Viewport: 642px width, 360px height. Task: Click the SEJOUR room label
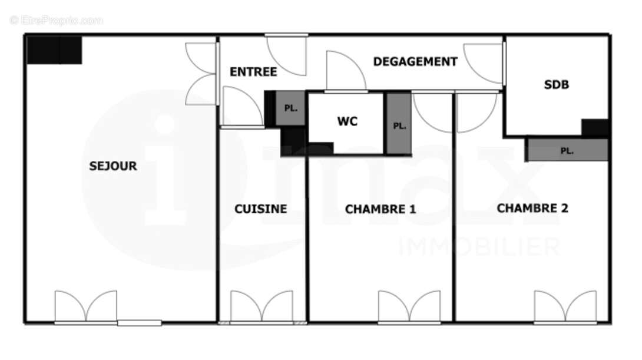pyautogui.click(x=113, y=166)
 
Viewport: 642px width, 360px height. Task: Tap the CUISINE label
pyautogui.click(x=261, y=209)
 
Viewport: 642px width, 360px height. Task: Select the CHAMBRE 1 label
pyautogui.click(x=380, y=209)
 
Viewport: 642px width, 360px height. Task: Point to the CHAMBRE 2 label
pyautogui.click(x=532, y=208)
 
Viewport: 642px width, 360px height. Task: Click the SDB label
pyautogui.click(x=556, y=85)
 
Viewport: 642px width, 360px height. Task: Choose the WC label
pyautogui.click(x=347, y=122)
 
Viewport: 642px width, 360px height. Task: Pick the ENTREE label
pyautogui.click(x=253, y=72)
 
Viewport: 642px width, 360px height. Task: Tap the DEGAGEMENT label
pyautogui.click(x=415, y=61)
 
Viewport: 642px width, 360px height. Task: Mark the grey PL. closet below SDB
pyautogui.click(x=567, y=150)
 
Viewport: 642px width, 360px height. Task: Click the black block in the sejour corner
pyautogui.click(x=54, y=50)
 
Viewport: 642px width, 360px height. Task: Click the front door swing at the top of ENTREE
pyautogui.click(x=287, y=55)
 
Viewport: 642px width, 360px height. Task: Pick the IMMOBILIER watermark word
pyautogui.click(x=479, y=247)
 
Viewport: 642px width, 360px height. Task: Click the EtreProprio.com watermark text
pyautogui.click(x=57, y=20)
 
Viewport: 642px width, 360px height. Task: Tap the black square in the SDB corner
pyautogui.click(x=595, y=128)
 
